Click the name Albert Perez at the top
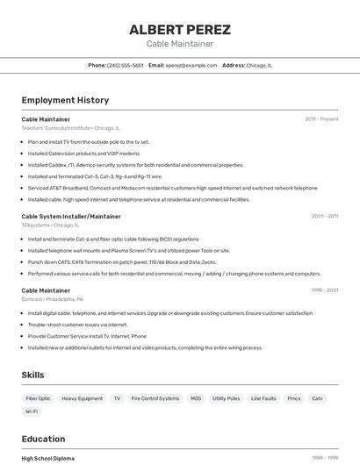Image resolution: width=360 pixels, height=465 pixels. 179,29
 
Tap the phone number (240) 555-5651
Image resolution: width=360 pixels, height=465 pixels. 125,65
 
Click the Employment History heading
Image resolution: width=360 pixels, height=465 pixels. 65,100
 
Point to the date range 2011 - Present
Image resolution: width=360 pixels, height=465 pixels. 321,118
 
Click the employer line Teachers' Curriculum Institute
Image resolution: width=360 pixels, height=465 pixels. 70,127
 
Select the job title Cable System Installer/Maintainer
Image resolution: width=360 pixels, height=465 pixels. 71,216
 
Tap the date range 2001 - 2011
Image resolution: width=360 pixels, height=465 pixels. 324,216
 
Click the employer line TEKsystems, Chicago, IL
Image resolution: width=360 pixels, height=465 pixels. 51,225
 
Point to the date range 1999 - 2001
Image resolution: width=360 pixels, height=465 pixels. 324,290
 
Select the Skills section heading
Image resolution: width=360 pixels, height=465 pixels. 33,375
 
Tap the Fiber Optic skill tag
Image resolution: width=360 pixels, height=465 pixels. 38,398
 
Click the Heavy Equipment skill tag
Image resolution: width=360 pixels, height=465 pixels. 82,398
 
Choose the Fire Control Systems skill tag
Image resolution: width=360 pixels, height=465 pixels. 155,398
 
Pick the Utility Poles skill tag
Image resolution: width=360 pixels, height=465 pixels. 226,398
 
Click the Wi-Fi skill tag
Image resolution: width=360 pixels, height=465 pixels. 32,411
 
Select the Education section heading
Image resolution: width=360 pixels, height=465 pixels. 43,439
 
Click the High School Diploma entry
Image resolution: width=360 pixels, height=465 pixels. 47,458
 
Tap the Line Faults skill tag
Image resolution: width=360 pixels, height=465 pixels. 263,398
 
